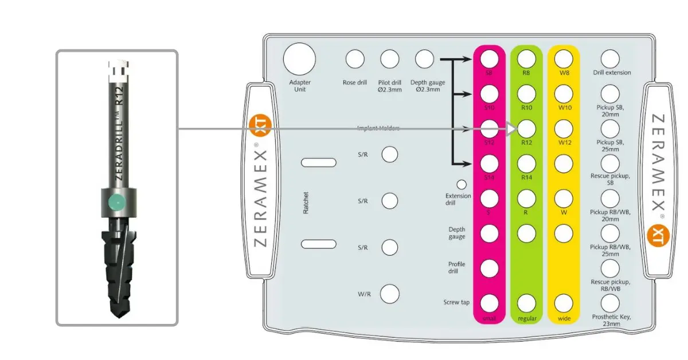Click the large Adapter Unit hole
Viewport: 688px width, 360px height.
point(299,59)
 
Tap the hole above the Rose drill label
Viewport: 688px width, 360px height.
point(355,59)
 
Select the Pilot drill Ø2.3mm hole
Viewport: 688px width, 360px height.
point(390,59)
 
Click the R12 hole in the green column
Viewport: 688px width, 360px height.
point(527,128)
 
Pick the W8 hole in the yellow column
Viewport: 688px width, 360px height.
point(564,59)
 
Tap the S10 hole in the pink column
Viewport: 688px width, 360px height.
point(489,93)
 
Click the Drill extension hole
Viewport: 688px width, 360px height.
point(611,59)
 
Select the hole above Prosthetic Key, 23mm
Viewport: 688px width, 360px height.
point(611,302)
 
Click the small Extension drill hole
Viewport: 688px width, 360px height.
point(461,185)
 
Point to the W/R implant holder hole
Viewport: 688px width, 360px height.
point(390,293)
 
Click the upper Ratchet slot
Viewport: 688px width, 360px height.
point(319,163)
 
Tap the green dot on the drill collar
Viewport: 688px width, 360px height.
point(116,202)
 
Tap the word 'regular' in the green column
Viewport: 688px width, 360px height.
point(526,318)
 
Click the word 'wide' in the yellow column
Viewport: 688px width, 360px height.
point(564,318)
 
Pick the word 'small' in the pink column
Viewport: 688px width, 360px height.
point(489,318)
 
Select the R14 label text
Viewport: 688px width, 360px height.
point(527,178)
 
